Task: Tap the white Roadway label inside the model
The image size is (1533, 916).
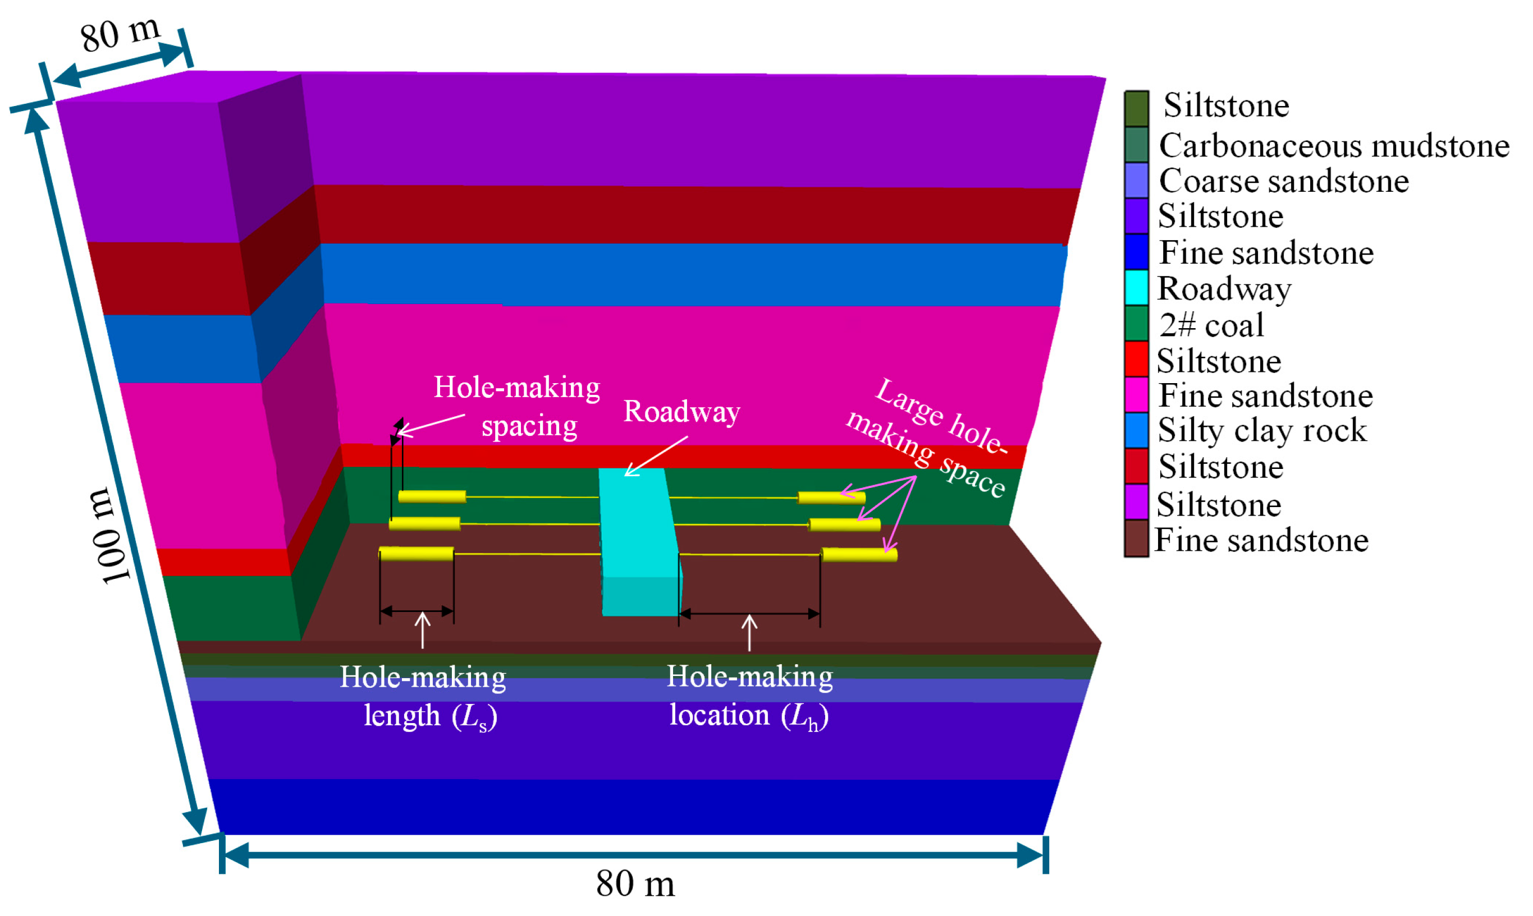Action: click(x=681, y=412)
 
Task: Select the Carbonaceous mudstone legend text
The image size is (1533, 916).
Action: click(x=1334, y=146)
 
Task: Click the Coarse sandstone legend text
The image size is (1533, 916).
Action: click(x=1283, y=182)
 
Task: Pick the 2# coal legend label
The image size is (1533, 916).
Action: click(x=1211, y=325)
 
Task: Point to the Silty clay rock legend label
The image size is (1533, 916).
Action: click(x=1262, y=430)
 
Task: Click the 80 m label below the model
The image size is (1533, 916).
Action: click(x=635, y=883)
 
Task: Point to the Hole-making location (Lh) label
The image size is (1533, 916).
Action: click(x=749, y=696)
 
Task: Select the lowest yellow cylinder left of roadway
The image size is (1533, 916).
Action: click(x=417, y=553)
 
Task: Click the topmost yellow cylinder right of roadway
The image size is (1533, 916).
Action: click(x=831, y=498)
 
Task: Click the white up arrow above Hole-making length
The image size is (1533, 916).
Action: click(x=423, y=629)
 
